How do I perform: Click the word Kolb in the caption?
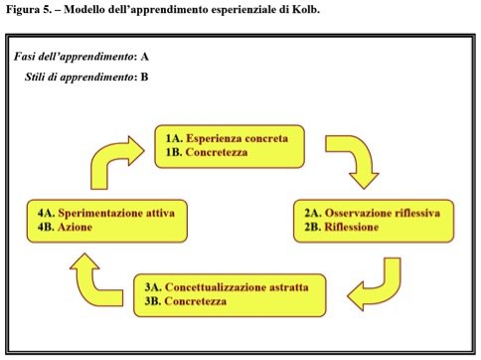[x=306, y=9]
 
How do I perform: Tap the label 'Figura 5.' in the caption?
[x=28, y=10]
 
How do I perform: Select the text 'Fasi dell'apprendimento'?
[x=75, y=57]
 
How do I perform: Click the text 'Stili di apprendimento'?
[x=80, y=77]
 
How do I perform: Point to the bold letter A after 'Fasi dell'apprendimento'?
[x=144, y=57]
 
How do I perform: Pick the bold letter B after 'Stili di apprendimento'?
[x=144, y=77]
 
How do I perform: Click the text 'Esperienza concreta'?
[x=237, y=138]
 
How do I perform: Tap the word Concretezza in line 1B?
[x=217, y=152]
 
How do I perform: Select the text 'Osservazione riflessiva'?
[x=383, y=213]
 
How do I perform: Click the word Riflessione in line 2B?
[x=351, y=227]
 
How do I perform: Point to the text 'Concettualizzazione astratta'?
[x=237, y=287]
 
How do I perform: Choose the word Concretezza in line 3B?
[x=196, y=301]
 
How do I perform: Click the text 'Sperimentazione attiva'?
[x=116, y=213]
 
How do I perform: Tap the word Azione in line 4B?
[x=75, y=227]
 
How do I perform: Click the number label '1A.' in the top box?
[x=174, y=138]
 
